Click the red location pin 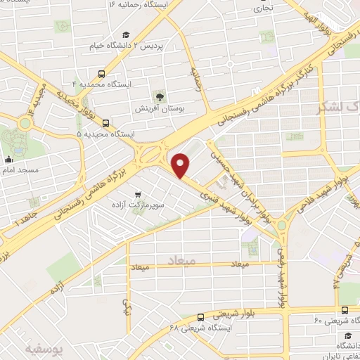click(181, 165)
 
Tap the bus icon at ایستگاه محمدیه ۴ click(103, 73)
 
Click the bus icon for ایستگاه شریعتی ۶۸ click(201, 317)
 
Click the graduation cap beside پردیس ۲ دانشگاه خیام click(126, 34)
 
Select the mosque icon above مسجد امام click(8, 158)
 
